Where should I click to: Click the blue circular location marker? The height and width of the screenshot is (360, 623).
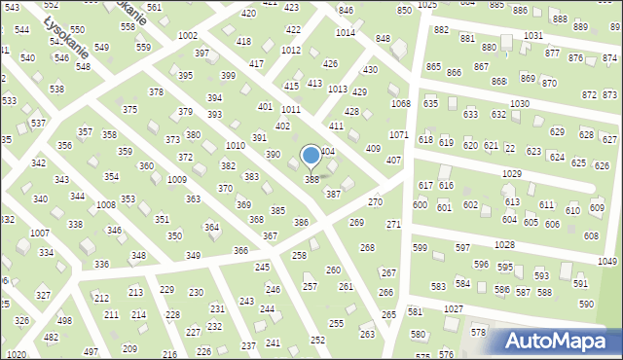[311, 156]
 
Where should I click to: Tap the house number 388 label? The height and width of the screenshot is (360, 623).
[312, 180]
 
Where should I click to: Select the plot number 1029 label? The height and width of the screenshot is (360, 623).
[512, 173]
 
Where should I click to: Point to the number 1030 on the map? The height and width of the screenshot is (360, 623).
[519, 103]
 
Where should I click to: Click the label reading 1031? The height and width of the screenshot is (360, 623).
[532, 35]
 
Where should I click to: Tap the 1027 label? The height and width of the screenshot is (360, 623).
[453, 308]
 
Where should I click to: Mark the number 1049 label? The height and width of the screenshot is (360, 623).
[607, 262]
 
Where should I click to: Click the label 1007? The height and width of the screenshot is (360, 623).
[40, 234]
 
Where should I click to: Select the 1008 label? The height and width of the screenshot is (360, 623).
[106, 205]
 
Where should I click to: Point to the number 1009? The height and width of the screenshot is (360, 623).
[177, 180]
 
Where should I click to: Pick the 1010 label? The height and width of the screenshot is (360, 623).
[235, 145]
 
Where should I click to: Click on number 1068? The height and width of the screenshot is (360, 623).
[400, 103]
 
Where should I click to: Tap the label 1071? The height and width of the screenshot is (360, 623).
[398, 134]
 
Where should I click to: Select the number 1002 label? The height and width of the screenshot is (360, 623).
[188, 35]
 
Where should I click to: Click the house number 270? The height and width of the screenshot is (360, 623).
[375, 201]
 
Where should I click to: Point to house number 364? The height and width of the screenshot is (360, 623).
[210, 227]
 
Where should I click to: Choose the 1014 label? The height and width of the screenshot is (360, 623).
[345, 32]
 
